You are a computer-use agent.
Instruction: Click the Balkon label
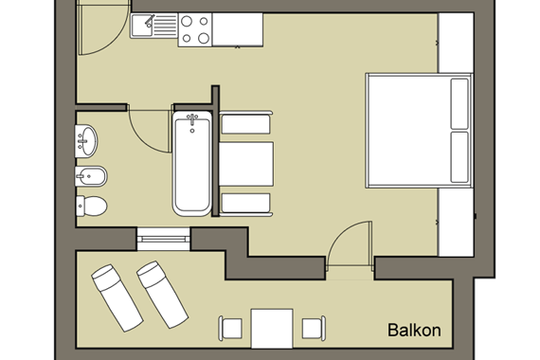pyautogui.click(x=414, y=330)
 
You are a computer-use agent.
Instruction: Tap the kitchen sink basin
pyautogui.click(x=141, y=26)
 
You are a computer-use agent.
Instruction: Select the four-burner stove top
pyautogui.click(x=195, y=29)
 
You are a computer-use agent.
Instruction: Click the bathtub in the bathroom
pyautogui.click(x=192, y=164)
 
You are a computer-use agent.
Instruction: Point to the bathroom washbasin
pyautogui.click(x=86, y=140)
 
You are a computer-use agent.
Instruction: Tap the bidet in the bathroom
pyautogui.click(x=91, y=176)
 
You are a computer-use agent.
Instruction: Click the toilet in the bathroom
pyautogui.click(x=92, y=206)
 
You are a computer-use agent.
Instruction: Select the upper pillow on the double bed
pyautogui.click(x=459, y=103)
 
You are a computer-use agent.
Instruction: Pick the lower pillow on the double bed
pyautogui.click(x=459, y=157)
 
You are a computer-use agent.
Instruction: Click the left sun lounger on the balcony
pyautogui.click(x=117, y=297)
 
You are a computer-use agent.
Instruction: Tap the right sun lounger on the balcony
pyautogui.click(x=162, y=295)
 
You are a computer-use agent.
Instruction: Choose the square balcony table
pyautogui.click(x=272, y=329)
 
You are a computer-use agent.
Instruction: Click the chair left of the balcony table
pyautogui.click(x=230, y=329)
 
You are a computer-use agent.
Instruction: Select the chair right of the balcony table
pyautogui.click(x=314, y=329)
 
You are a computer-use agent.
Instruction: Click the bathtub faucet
pyautogui.click(x=192, y=119)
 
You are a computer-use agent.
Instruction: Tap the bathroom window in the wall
pyautogui.click(x=164, y=239)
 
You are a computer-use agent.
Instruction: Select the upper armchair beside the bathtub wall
pyautogui.click(x=245, y=122)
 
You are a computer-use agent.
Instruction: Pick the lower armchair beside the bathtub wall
pyautogui.click(x=245, y=205)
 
